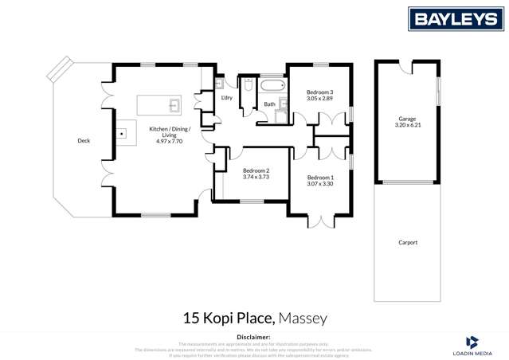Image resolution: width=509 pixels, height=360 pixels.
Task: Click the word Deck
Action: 84,141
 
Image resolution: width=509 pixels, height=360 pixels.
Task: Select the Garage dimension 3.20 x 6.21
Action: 407,126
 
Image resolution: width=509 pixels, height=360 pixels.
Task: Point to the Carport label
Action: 407,242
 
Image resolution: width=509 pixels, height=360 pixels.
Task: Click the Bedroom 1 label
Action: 320,177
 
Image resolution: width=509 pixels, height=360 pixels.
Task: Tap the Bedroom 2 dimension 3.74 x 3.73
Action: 256,177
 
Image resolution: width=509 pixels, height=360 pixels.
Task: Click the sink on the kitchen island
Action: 174,104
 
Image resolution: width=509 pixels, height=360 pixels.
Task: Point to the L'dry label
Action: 226,98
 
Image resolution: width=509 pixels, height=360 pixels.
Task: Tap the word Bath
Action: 269,104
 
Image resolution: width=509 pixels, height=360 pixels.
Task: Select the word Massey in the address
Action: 303,319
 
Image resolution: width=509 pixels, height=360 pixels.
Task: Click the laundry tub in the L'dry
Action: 220,83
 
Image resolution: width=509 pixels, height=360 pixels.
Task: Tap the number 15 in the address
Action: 190,319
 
